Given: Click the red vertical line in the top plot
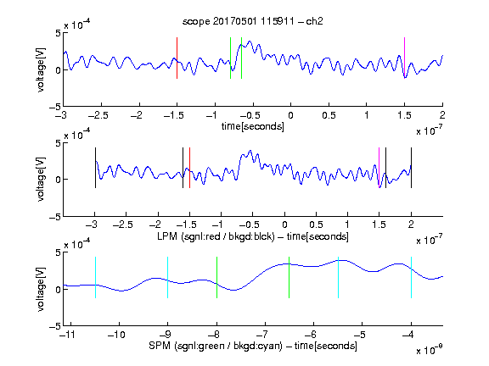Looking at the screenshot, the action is coord(177,58).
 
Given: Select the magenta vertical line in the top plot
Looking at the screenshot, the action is coord(404,58).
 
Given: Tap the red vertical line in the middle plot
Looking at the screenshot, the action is coord(189,168).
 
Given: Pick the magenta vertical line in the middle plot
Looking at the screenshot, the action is coord(379,168).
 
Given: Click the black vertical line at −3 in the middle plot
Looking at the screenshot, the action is coord(95,168).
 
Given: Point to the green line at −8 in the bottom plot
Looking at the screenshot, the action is coord(216,277).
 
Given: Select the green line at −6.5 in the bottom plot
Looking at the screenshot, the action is coord(289,277).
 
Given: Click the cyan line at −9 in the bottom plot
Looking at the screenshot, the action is coord(168,277).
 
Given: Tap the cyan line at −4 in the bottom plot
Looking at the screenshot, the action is coord(411,277).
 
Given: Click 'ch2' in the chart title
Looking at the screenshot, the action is coord(314,21).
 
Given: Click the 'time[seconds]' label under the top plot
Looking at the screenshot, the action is coord(253,126).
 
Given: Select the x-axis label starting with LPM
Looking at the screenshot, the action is coord(253,236).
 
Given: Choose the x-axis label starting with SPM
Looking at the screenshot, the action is coord(253,346).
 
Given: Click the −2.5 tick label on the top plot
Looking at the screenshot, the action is coord(98,115).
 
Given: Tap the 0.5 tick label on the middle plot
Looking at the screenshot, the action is coord(316,225).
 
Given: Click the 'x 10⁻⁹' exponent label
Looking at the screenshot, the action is coord(430,350).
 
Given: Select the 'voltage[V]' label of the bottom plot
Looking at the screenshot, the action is coord(41,289).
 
